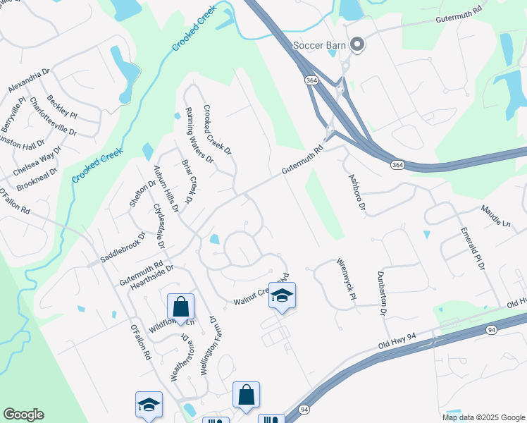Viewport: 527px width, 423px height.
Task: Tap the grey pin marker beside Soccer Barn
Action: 357,45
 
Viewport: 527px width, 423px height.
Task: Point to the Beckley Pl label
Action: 62,106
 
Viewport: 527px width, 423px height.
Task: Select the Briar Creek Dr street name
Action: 188,179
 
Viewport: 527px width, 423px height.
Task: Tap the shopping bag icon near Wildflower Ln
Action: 180,307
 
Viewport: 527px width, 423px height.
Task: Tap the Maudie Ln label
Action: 495,215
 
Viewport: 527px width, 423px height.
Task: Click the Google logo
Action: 23,415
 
